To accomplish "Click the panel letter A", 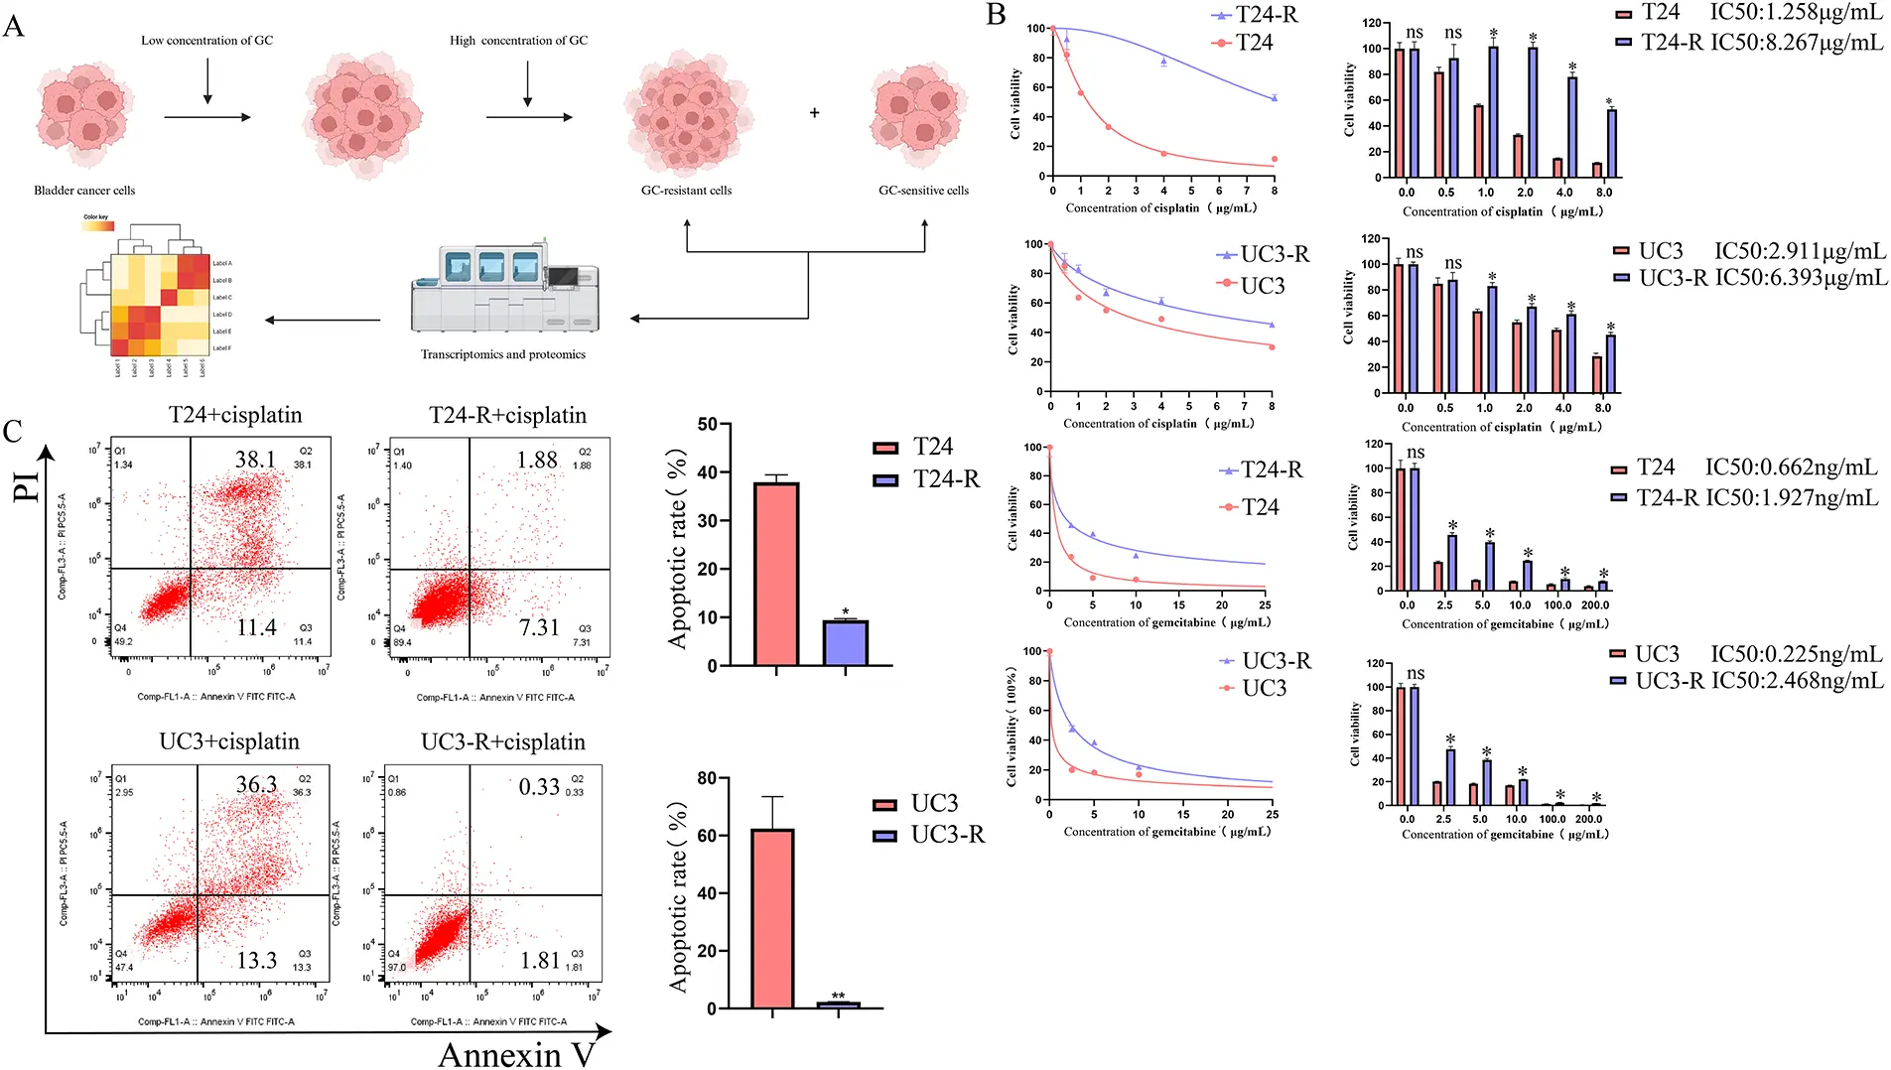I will [x=14, y=26].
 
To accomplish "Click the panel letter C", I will [x=13, y=431].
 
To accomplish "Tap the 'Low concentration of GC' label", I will [x=206, y=41].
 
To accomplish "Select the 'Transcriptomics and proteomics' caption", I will [x=502, y=354].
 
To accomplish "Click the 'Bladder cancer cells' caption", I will [x=84, y=191].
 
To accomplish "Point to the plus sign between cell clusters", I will [x=814, y=113].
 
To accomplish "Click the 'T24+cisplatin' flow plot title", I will [x=235, y=415].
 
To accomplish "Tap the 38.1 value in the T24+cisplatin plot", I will [x=255, y=460].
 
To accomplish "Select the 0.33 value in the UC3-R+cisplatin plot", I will [x=539, y=787].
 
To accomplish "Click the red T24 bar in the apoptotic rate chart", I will [x=776, y=574].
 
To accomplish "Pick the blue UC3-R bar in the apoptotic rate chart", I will [x=838, y=1004].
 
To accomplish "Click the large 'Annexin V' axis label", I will [x=516, y=1054].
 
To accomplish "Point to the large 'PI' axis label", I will [x=27, y=485].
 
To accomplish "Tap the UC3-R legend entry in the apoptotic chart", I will [x=929, y=835].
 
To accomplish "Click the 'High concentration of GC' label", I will [x=518, y=41].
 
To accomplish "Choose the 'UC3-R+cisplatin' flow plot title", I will [x=503, y=742].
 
